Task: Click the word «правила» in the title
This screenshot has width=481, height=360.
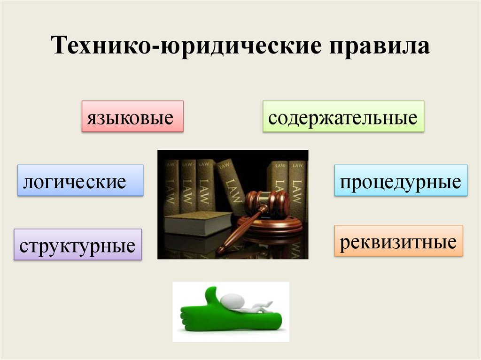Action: click(x=380, y=46)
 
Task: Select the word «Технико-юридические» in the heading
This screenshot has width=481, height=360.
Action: click(x=186, y=46)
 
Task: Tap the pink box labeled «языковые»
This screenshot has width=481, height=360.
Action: click(x=132, y=116)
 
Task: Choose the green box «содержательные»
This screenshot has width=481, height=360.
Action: click(x=343, y=116)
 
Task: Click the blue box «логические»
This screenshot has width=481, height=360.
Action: click(x=80, y=180)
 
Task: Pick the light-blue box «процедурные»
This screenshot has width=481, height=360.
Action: click(x=401, y=180)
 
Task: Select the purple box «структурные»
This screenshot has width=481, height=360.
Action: click(x=78, y=245)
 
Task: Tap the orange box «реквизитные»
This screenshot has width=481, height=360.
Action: click(x=398, y=241)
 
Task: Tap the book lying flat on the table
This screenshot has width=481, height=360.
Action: click(x=198, y=223)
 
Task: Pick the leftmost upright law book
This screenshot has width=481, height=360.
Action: click(x=170, y=187)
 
